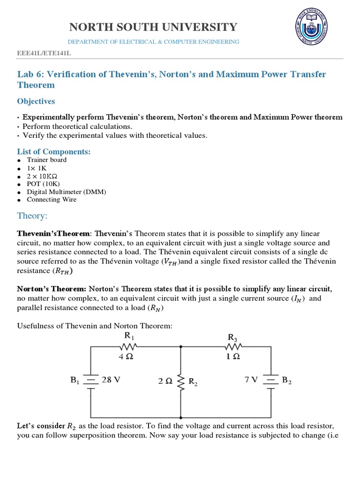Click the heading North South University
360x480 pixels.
tap(153, 27)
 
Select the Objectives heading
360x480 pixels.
tap(36, 101)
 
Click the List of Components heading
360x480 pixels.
tap(53, 151)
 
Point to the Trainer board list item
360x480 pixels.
tap(46, 160)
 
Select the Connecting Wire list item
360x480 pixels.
tap(52, 200)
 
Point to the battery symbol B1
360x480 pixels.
tap(91, 381)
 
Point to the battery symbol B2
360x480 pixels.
tap(271, 381)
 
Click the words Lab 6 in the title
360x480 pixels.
tap(30, 74)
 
